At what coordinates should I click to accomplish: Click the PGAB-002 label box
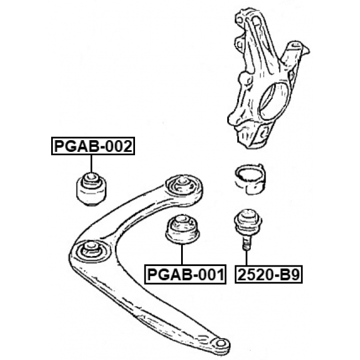[93, 147]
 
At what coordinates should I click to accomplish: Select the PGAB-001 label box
[186, 274]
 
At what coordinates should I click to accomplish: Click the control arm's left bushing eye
[91, 251]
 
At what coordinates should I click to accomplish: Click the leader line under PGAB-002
[90, 164]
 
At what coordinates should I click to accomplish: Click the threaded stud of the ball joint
[246, 243]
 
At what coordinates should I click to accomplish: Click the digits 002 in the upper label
[119, 147]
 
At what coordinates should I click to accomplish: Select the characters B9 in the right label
[290, 274]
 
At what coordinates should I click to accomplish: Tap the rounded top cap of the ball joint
[247, 214]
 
